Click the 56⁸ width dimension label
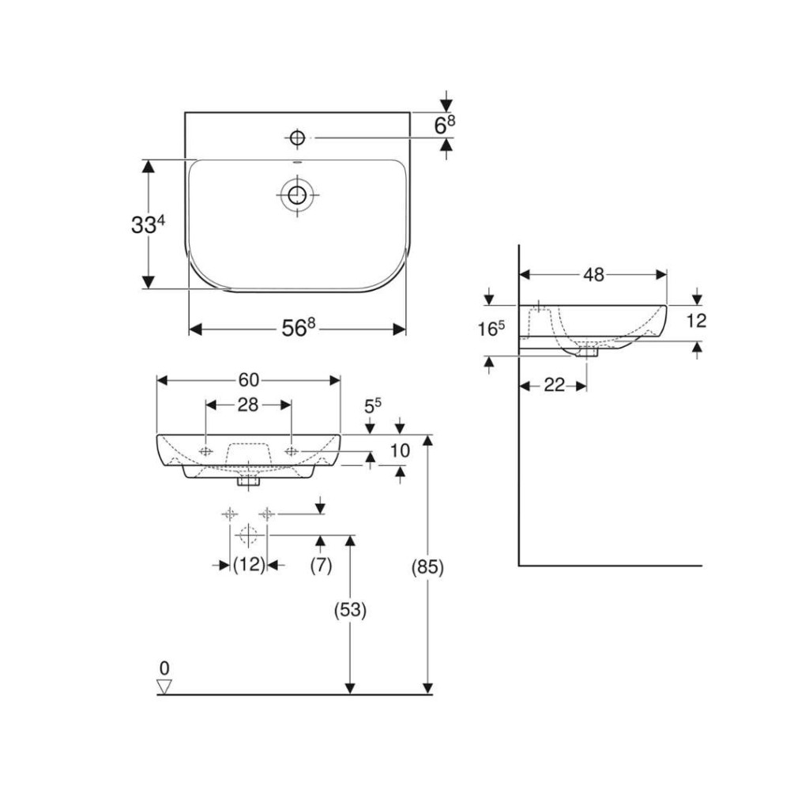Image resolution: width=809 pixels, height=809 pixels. tap(298, 328)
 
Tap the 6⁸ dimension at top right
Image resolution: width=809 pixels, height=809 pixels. tap(445, 125)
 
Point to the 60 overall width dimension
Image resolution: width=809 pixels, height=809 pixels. tap(248, 380)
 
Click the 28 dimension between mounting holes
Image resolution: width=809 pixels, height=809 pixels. tap(247, 405)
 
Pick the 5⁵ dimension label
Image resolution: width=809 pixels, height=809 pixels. tap(373, 406)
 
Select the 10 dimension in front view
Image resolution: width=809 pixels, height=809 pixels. tap(399, 450)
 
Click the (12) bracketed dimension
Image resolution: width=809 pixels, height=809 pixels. tap(249, 565)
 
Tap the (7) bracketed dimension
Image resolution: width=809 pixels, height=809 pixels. tap(321, 565)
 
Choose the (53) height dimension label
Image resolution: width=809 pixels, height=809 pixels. tap(350, 611)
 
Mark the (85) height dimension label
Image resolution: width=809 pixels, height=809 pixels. tap(427, 567)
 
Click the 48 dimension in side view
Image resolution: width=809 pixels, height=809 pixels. tap(593, 275)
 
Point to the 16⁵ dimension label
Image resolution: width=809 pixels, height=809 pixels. tap(491, 329)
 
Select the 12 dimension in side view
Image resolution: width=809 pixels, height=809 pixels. tap(696, 321)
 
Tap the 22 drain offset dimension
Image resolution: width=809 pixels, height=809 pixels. tap(554, 385)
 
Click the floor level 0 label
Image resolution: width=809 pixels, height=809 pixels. tap(164, 668)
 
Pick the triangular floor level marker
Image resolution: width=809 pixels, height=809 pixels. tap(164, 687)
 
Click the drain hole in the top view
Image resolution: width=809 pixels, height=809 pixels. tap(297, 195)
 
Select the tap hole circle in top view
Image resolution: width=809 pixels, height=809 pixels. tap(297, 137)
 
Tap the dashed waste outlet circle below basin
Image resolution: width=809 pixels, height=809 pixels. tap(248, 535)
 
